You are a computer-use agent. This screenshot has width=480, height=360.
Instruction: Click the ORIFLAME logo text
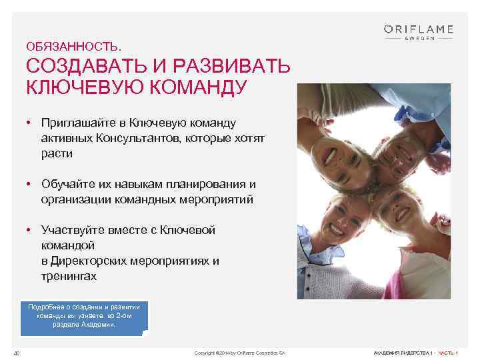coord(418,29)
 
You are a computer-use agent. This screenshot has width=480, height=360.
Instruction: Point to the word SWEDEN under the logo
coord(419,38)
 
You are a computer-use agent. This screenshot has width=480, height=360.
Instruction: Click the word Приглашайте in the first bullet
coord(78,123)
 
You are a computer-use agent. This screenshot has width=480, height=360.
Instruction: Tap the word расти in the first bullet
coord(56,153)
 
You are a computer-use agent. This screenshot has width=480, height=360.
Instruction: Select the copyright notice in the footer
coord(239,352)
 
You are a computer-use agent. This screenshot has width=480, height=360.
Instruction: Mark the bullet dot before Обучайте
coord(31,184)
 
